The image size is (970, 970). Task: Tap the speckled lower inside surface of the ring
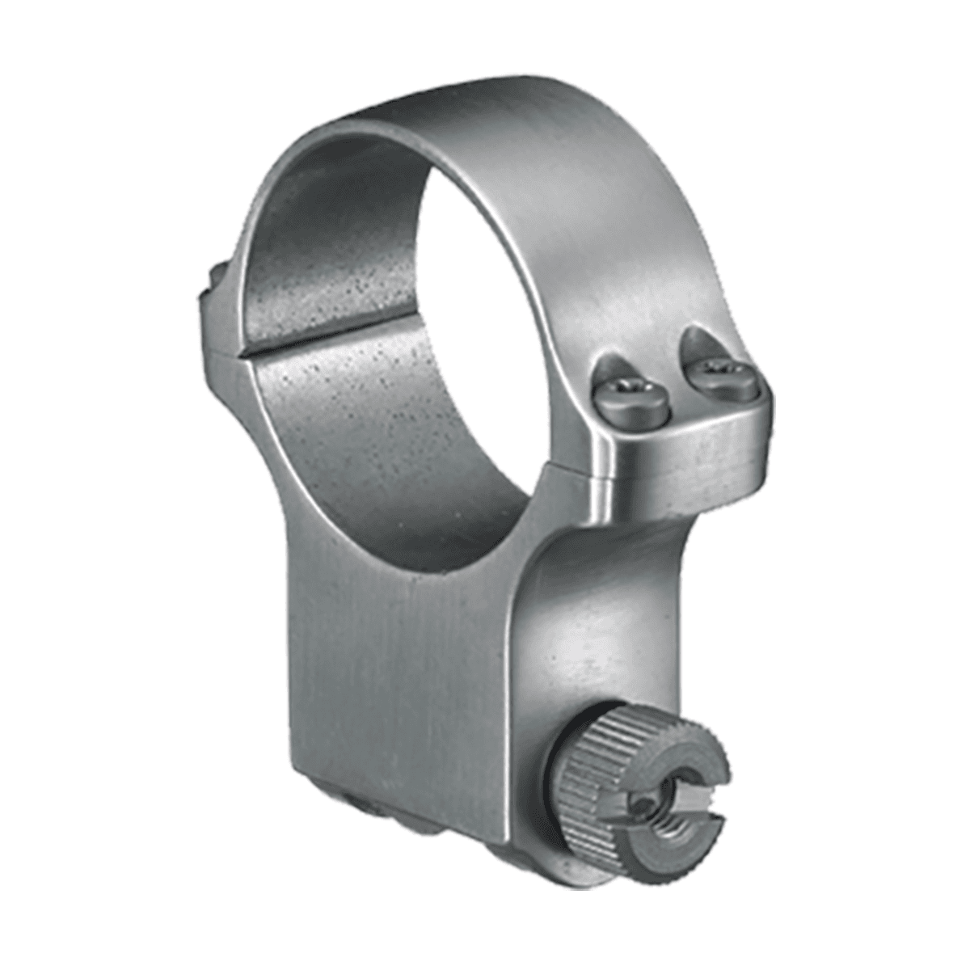pos(388,428)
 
